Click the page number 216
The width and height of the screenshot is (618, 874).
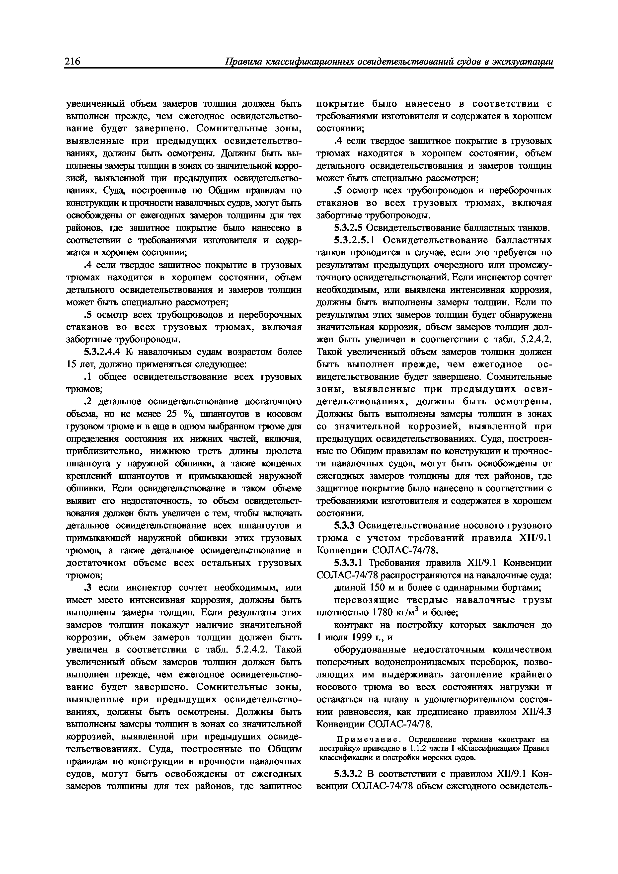pos(72,62)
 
